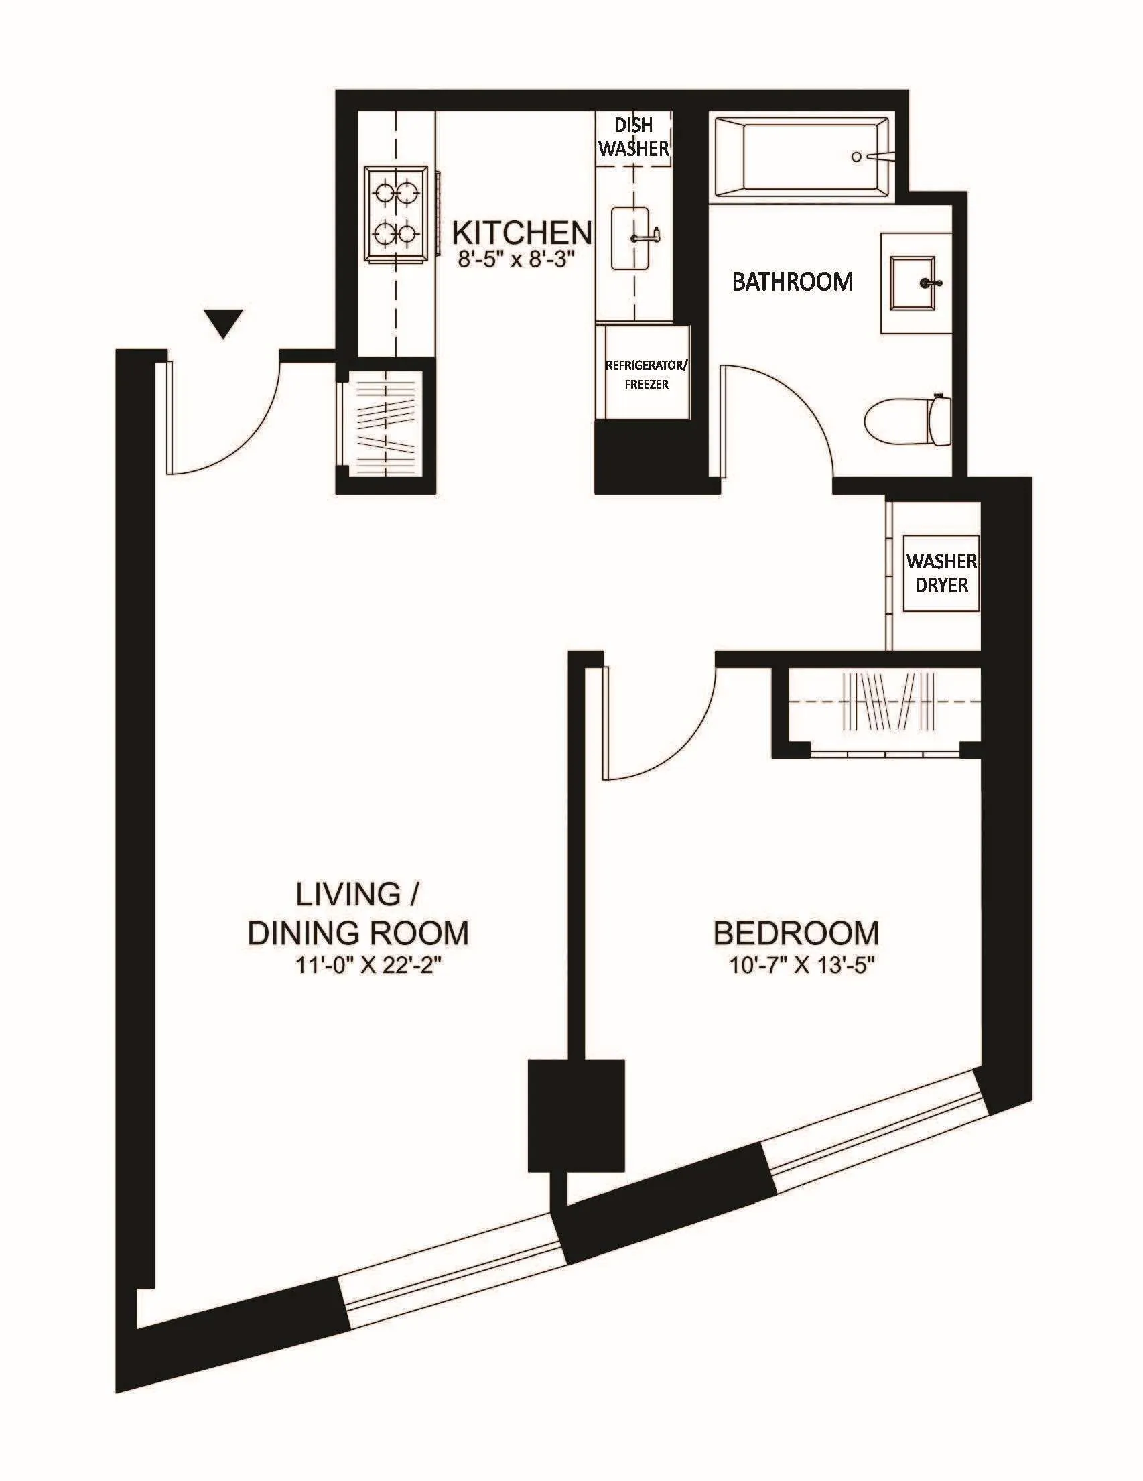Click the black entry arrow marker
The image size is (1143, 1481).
[224, 324]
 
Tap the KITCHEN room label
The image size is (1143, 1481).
[521, 233]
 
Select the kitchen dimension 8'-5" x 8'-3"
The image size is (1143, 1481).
[520, 261]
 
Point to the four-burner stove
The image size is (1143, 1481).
[397, 214]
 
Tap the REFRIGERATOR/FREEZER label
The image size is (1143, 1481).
[646, 375]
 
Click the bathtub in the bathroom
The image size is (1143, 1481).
[800, 157]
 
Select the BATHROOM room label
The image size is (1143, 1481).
[793, 281]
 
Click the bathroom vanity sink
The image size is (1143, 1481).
[915, 283]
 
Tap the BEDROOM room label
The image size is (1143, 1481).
[796, 933]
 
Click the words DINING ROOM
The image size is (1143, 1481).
[358, 933]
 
